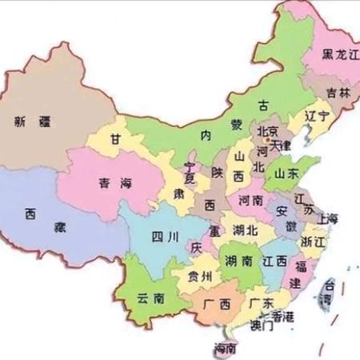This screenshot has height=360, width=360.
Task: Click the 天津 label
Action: click(282, 146)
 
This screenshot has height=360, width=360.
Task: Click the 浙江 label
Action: click(312, 241)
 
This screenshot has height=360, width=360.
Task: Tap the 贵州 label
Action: click(202, 277)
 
